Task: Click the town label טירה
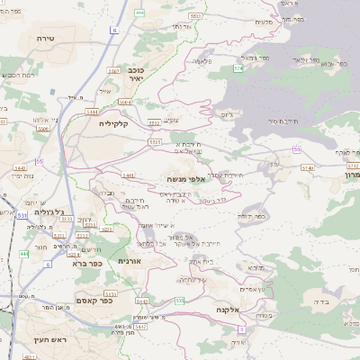(47, 39)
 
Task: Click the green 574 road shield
(238, 67)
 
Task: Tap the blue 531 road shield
(20, 215)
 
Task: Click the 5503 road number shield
(156, 141)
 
